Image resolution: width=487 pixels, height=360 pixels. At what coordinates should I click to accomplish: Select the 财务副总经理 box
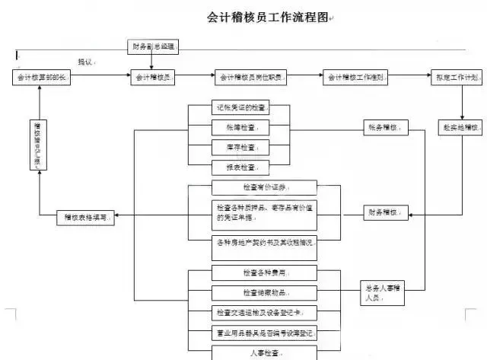152,46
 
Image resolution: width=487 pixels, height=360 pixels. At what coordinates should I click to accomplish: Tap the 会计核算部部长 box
43,78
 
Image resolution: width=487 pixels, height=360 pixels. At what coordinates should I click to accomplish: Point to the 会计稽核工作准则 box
356,78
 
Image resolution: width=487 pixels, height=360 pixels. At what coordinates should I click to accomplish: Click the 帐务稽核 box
384,127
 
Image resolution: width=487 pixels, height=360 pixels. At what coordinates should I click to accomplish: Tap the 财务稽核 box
384,212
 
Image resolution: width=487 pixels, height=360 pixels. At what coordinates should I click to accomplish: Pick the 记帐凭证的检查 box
240,108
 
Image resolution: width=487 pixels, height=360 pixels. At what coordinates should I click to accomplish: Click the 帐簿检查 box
240,128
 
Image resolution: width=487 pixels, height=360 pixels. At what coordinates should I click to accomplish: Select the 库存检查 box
240,147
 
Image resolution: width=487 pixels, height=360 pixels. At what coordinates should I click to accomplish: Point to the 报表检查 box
240,167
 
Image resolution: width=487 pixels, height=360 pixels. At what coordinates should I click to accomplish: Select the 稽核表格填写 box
85,218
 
